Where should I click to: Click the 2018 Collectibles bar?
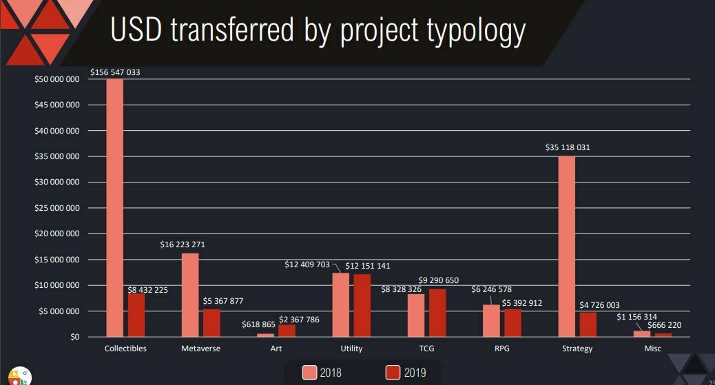(114, 207)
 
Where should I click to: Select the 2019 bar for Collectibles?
(136, 315)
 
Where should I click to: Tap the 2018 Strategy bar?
(566, 247)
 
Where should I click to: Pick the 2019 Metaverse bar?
(211, 323)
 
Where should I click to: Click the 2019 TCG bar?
(437, 313)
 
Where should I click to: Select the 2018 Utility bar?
(340, 304)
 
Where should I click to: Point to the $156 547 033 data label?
(115, 72)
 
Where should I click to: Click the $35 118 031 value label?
(566, 147)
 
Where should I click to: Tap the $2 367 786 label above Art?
(299, 320)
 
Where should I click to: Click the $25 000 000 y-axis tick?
(57, 208)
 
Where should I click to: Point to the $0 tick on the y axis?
(74, 337)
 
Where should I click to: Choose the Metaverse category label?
(200, 348)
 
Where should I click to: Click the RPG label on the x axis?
(501, 348)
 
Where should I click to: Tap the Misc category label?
(652, 348)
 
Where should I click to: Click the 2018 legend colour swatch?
(310, 373)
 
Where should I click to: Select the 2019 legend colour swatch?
(393, 373)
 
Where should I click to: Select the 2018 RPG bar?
(491, 320)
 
